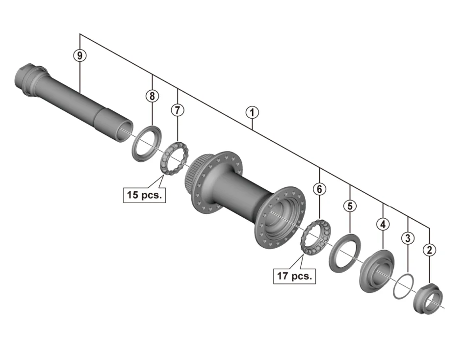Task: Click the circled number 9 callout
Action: click(80, 55)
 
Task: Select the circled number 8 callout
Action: click(152, 96)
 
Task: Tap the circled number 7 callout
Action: click(178, 110)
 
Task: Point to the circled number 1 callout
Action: click(252, 113)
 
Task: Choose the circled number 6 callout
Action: click(319, 189)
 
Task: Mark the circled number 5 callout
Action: click(350, 206)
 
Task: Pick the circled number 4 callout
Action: click(383, 224)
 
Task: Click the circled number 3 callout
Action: click(408, 238)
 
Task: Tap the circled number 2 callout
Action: click(429, 250)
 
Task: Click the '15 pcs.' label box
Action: click(144, 195)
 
